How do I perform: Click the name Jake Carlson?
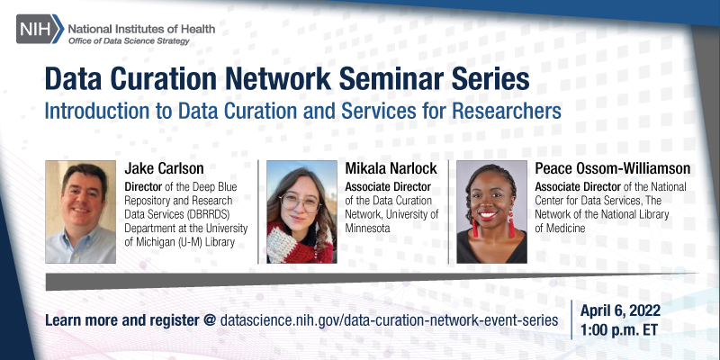click(166, 168)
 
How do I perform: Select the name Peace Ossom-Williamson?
click(612, 168)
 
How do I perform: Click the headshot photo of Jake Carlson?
click(80, 212)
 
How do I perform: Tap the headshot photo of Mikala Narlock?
click(300, 212)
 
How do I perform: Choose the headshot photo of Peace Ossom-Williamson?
click(491, 212)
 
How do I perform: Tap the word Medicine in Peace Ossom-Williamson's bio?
click(566, 229)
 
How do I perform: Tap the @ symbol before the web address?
click(209, 320)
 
